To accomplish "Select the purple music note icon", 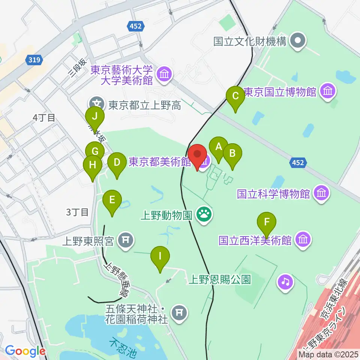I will coord(286,281).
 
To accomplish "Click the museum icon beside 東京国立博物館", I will coord(328,92).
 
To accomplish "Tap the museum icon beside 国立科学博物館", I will coord(322,193).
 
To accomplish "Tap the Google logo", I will coord(25,351).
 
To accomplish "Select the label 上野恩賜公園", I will coord(219,279).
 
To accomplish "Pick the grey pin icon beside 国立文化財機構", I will coord(299,41).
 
